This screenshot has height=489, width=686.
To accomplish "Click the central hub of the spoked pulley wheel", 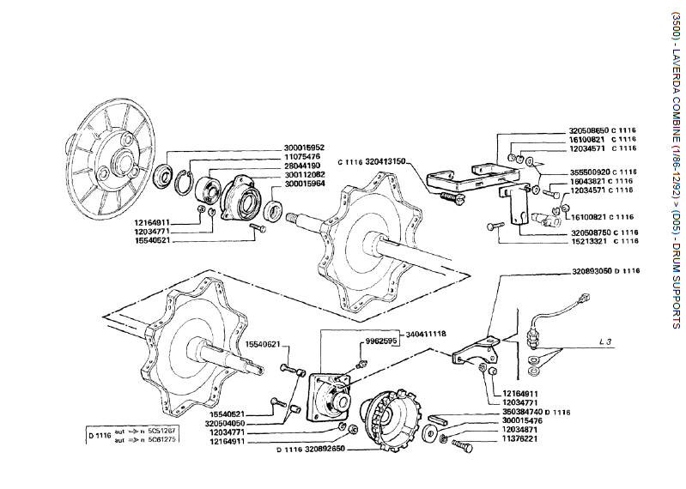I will pyautogui.click(x=118, y=160).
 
